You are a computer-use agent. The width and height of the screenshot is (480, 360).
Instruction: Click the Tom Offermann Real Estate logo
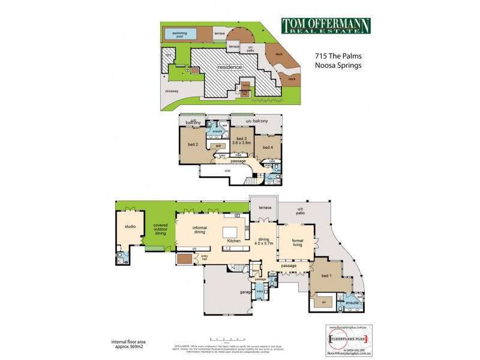click(x=326, y=26)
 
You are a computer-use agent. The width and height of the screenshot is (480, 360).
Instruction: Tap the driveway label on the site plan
click(x=174, y=91)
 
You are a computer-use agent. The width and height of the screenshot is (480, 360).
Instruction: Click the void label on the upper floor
click(x=227, y=171)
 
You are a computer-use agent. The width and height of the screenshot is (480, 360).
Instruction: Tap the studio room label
click(x=130, y=227)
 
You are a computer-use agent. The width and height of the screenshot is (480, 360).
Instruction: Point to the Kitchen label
click(x=233, y=241)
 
